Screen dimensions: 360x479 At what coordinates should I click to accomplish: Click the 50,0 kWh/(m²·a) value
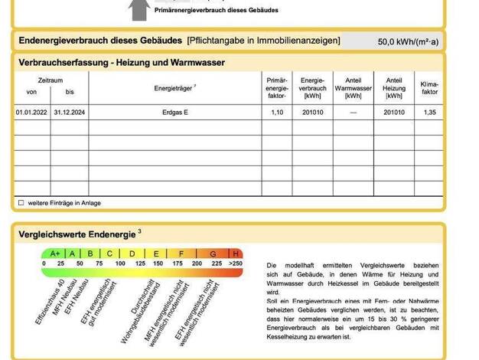point(408,41)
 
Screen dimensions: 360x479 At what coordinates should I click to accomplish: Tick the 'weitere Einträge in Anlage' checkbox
point(21,203)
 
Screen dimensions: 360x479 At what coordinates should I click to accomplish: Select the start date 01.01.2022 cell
point(31,112)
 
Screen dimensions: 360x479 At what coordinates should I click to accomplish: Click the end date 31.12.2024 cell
point(70,112)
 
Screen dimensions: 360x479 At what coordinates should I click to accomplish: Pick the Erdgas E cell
point(175,112)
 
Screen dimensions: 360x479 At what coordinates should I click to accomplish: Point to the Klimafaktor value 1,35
point(429,112)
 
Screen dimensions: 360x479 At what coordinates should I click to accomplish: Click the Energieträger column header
point(175,87)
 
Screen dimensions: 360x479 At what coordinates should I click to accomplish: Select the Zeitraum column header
point(51,80)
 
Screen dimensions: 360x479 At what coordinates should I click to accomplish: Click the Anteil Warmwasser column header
point(353,87)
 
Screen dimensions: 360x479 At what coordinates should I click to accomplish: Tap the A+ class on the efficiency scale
point(54,254)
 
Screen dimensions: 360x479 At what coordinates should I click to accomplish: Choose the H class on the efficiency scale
point(236,254)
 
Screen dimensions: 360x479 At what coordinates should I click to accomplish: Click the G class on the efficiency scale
point(213,254)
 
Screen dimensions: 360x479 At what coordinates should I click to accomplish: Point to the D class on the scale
point(132,254)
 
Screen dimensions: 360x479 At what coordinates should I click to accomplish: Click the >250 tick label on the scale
point(235,263)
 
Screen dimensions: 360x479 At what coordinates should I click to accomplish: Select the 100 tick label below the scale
point(119,263)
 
